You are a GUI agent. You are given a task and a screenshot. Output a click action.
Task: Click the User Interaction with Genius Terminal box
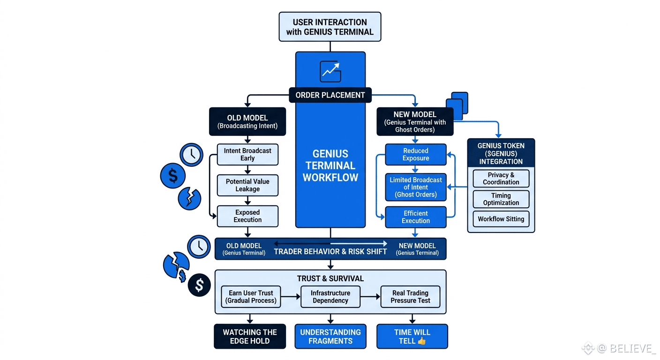click(330, 27)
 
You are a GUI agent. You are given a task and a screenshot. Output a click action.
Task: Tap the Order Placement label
click(330, 95)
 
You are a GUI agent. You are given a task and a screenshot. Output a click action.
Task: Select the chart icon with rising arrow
click(330, 72)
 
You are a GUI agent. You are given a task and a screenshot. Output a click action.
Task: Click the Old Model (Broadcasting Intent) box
click(247, 121)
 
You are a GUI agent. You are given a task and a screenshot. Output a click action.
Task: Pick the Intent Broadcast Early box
click(247, 154)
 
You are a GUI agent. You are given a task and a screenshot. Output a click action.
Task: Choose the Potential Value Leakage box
click(247, 185)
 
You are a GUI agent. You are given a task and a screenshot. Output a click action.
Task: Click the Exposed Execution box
click(247, 216)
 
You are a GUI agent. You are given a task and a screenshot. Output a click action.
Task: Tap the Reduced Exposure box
click(416, 154)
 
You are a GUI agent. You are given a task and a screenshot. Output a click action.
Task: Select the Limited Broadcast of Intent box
click(416, 187)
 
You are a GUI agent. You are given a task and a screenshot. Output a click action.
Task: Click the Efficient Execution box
click(416, 217)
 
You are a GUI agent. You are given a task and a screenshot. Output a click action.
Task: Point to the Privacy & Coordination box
click(501, 179)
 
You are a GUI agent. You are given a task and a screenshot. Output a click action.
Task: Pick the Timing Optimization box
click(501, 199)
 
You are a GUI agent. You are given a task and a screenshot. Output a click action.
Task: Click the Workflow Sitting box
click(501, 219)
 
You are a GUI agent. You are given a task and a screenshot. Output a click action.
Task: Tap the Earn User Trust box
click(251, 297)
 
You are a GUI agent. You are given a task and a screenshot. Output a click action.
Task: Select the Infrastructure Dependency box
click(330, 297)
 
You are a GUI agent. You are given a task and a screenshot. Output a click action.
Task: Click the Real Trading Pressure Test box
click(410, 297)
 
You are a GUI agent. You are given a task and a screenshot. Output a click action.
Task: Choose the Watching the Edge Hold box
click(250, 337)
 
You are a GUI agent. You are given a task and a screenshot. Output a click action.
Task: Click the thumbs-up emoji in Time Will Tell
click(421, 341)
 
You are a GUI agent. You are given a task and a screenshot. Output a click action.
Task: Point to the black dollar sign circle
click(199, 285)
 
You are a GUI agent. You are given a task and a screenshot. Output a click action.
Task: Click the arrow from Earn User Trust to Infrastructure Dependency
click(291, 297)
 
